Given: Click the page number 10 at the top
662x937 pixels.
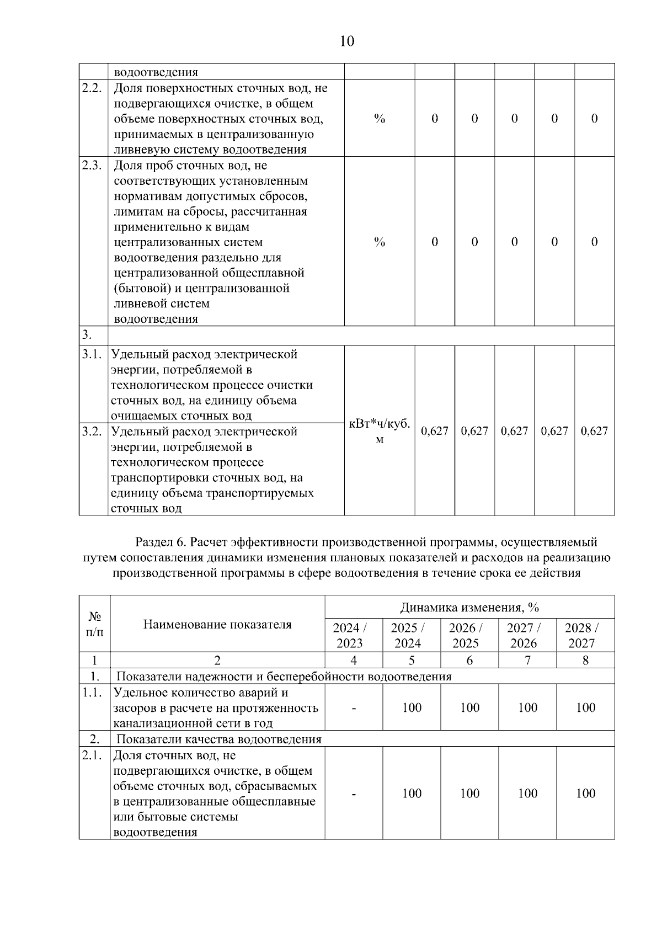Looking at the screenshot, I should click(347, 41).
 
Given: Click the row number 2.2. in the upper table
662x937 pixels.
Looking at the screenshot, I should click(92, 88).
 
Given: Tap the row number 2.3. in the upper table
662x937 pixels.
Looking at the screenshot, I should click(92, 166).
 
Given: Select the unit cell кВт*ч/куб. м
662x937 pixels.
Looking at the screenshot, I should click(380, 431).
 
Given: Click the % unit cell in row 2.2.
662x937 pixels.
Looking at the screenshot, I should click(380, 119).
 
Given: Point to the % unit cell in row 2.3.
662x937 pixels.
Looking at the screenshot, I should click(380, 242).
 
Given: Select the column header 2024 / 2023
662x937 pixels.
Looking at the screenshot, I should click(350, 635).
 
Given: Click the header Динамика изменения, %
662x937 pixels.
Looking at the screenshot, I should click(469, 608).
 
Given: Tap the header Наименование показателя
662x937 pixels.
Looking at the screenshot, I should click(217, 624).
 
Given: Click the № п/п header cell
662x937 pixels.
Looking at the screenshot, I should click(94, 624).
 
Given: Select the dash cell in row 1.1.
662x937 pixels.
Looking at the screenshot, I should click(354, 708).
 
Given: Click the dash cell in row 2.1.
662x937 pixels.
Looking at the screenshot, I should click(354, 794).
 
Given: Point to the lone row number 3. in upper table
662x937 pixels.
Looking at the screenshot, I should click(87, 336).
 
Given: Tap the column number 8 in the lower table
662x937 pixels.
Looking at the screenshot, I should click(585, 660).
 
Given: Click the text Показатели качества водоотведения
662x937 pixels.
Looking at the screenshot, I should click(219, 739).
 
